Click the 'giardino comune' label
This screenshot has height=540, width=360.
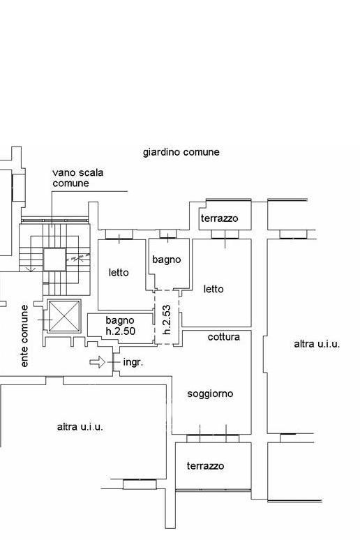coord(181,152)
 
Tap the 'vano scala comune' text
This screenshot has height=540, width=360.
coord(78,178)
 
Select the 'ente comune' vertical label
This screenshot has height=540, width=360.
coord(24,336)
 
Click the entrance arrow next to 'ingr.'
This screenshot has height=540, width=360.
coord(98,362)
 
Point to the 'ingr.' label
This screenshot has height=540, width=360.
coord(133,362)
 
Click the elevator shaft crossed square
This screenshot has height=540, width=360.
coord(64,316)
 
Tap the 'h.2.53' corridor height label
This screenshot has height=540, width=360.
coord(167,320)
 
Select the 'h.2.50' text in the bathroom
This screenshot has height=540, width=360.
coord(120,331)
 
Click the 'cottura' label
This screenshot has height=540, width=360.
coord(224,337)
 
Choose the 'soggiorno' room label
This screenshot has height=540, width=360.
coord(210,393)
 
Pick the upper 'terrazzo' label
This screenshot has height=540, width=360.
coord(220,218)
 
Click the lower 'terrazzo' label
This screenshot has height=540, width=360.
coord(205,466)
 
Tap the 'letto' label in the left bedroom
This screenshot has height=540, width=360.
coord(119,272)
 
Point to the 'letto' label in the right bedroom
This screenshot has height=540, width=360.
coord(213,289)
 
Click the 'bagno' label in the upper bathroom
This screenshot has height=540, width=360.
coord(166,260)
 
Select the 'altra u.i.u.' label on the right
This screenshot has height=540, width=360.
coord(317,344)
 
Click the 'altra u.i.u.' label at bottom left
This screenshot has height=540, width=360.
coord(80,427)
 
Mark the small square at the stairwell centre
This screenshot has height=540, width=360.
coord(54,260)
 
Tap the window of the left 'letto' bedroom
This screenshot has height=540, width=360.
coord(119,234)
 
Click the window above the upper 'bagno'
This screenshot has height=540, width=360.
coord(168,234)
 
